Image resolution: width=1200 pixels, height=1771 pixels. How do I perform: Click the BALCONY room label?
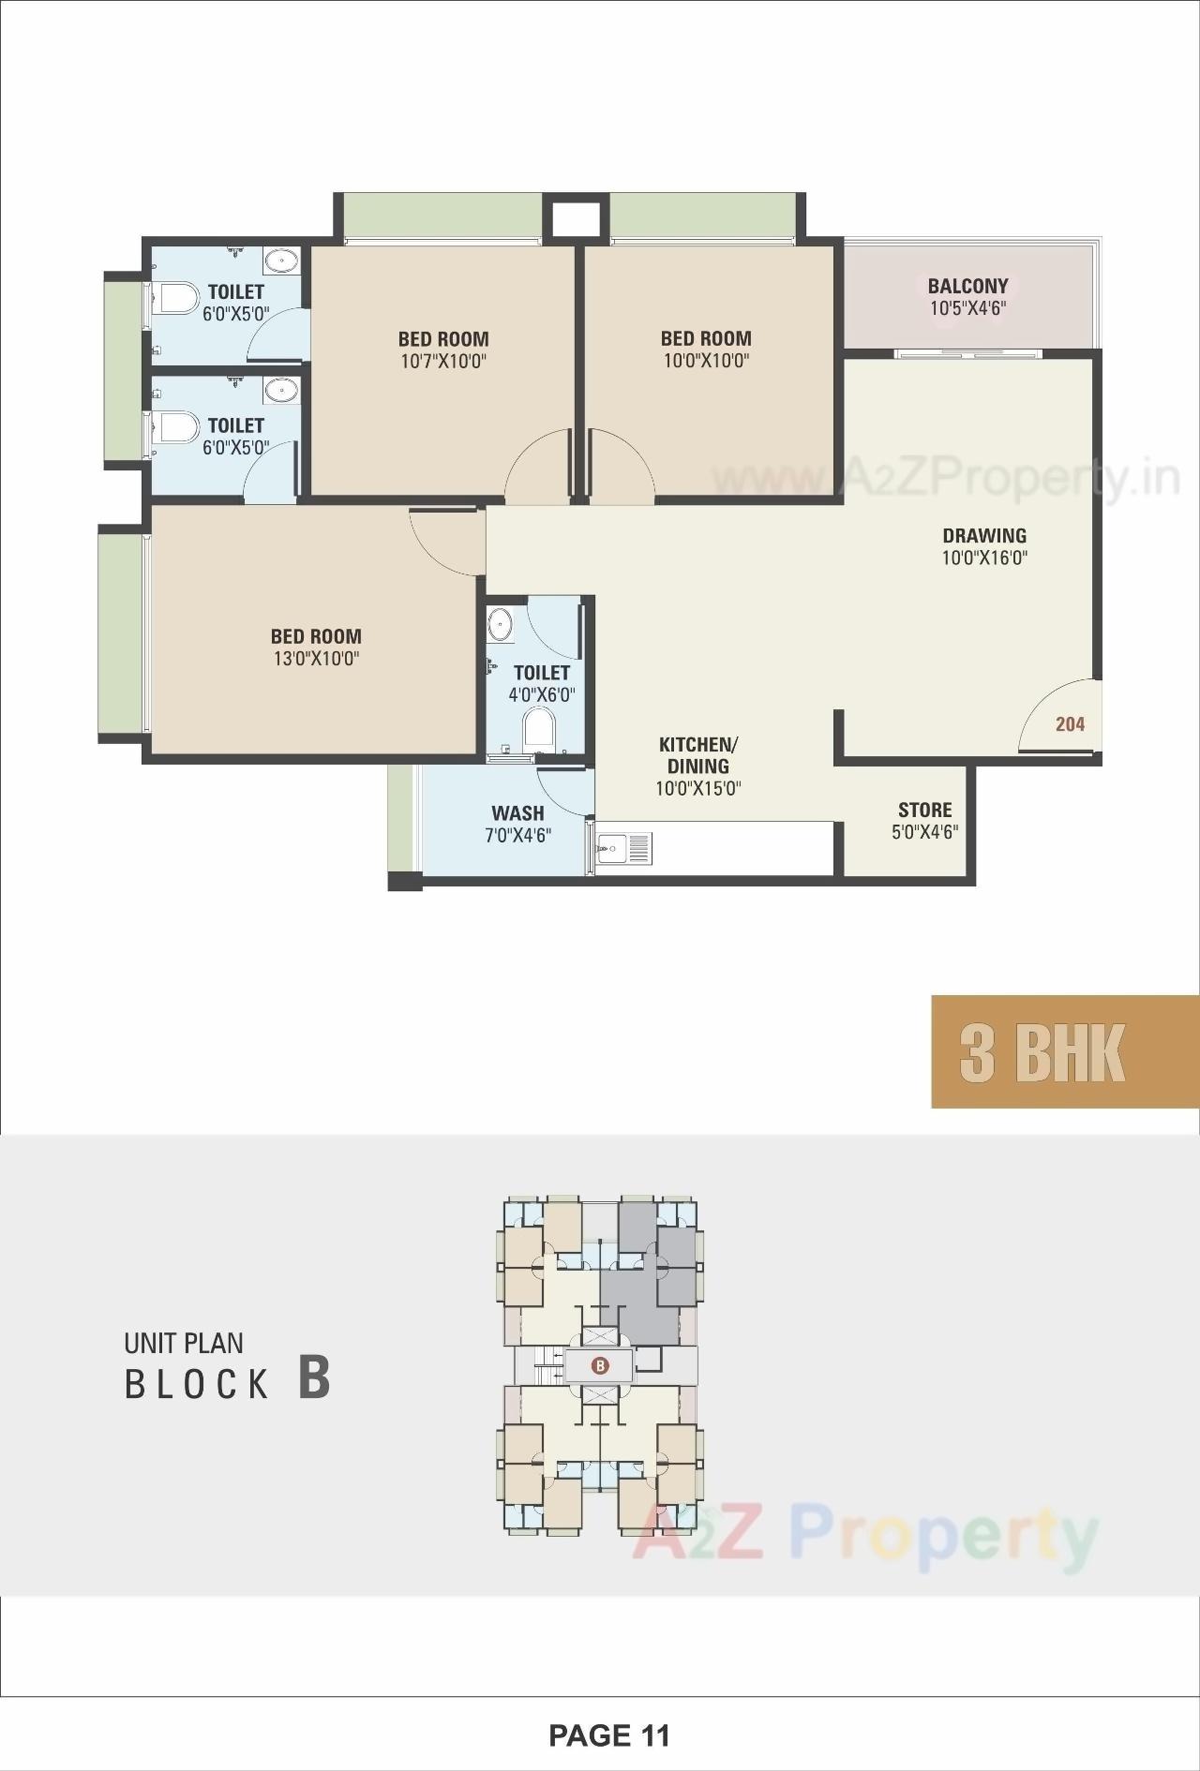(x=967, y=286)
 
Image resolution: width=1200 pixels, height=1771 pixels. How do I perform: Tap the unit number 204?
(x=1070, y=723)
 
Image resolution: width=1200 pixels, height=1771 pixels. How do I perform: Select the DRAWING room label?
(x=984, y=536)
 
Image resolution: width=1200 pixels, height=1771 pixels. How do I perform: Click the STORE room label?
(x=924, y=810)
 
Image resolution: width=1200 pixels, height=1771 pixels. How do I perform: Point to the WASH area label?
(x=517, y=813)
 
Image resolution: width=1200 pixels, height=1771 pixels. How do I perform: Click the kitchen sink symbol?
(x=614, y=849)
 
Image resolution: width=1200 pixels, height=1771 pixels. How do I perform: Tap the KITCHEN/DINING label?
(x=698, y=755)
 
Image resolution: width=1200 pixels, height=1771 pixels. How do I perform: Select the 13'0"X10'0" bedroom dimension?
(x=316, y=659)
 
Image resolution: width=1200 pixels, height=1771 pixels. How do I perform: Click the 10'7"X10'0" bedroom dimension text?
(x=443, y=362)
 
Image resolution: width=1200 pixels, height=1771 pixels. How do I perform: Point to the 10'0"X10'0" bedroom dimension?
(x=706, y=361)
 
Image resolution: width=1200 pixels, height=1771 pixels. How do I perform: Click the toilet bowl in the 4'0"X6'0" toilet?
(x=538, y=727)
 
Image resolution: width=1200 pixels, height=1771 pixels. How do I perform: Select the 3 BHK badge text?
(x=1042, y=1052)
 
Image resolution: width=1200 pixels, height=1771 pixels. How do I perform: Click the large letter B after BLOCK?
(x=314, y=1377)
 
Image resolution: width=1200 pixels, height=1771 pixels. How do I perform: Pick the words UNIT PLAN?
(x=184, y=1343)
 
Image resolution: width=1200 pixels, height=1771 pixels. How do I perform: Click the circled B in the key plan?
(x=600, y=1365)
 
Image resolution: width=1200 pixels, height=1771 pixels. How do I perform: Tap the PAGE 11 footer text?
(x=609, y=1735)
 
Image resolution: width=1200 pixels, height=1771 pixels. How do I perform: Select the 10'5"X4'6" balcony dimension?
(x=967, y=308)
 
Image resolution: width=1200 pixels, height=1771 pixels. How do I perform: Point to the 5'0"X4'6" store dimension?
(x=924, y=832)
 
